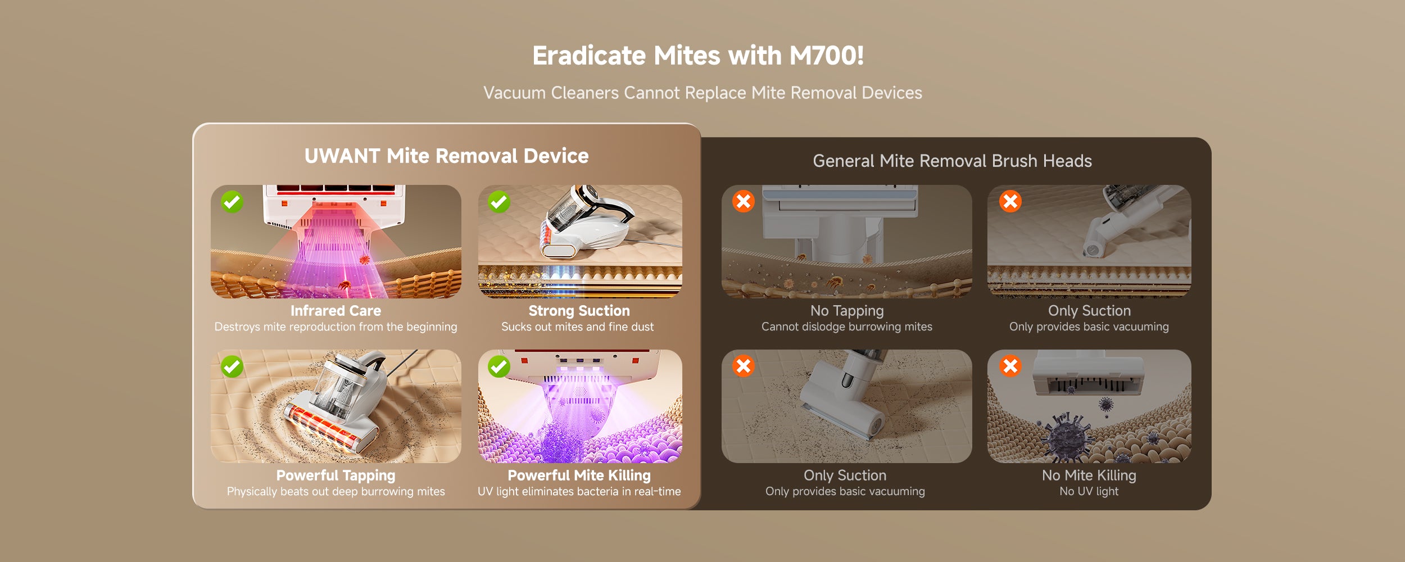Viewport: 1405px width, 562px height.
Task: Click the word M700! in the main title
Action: pyautogui.click(x=827, y=56)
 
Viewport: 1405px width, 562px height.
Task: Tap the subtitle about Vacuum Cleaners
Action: pyautogui.click(x=703, y=93)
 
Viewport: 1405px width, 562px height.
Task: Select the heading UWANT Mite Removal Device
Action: pyautogui.click(x=446, y=156)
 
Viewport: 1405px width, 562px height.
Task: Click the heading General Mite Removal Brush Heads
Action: pyautogui.click(x=952, y=161)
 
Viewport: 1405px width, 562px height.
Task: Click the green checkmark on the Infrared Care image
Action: pyautogui.click(x=232, y=202)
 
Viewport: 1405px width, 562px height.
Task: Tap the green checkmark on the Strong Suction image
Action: pyautogui.click(x=499, y=202)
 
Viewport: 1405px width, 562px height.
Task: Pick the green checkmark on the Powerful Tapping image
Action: pyautogui.click(x=232, y=366)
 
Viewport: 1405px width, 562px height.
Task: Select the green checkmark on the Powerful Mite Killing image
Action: pyautogui.click(x=499, y=366)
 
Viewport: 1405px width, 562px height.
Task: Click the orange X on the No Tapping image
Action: pyautogui.click(x=743, y=201)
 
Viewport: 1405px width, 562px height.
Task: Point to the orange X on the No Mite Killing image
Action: pyautogui.click(x=1010, y=366)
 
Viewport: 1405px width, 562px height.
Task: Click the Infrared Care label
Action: pyautogui.click(x=336, y=310)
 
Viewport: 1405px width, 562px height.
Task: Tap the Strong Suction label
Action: pyautogui.click(x=579, y=311)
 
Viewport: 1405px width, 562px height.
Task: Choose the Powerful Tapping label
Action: pyautogui.click(x=336, y=475)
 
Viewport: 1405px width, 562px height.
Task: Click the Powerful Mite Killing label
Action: pyautogui.click(x=579, y=475)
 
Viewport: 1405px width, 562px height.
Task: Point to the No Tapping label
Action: pyautogui.click(x=847, y=311)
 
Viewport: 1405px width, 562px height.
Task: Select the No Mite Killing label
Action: pyautogui.click(x=1089, y=475)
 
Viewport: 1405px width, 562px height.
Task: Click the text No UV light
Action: pyautogui.click(x=1089, y=491)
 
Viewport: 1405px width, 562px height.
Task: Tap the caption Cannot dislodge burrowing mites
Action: pyautogui.click(x=847, y=327)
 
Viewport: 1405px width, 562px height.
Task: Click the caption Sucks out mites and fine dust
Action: pyautogui.click(x=578, y=327)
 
